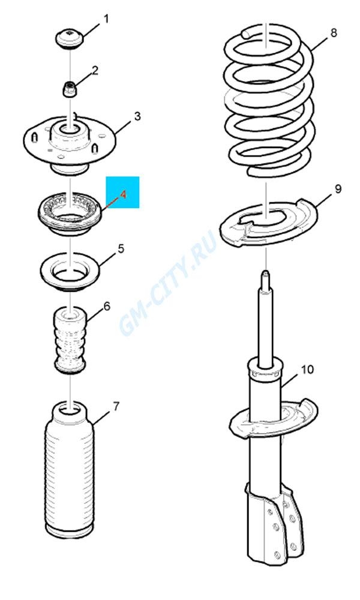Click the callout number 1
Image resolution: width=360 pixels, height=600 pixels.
pos(106,19)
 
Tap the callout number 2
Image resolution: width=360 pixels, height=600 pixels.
pos(94,70)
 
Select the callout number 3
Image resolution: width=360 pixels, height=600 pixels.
pos(137,116)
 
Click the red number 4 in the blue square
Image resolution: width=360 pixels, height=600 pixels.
pos(123,195)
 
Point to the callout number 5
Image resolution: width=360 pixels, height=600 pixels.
pos(121,249)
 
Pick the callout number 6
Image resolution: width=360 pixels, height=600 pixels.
pos(106,306)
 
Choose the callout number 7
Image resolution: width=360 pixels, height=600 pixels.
pos(116,406)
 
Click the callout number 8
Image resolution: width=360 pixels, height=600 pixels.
pos(334,32)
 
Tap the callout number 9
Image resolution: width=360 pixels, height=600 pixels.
pos(338,188)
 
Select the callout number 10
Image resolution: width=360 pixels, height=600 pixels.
pos(307,369)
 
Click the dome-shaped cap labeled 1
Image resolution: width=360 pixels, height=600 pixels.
pos(70,38)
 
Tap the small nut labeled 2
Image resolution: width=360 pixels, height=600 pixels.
pos(70,89)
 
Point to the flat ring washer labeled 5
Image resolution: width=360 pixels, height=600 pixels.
pos(70,271)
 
